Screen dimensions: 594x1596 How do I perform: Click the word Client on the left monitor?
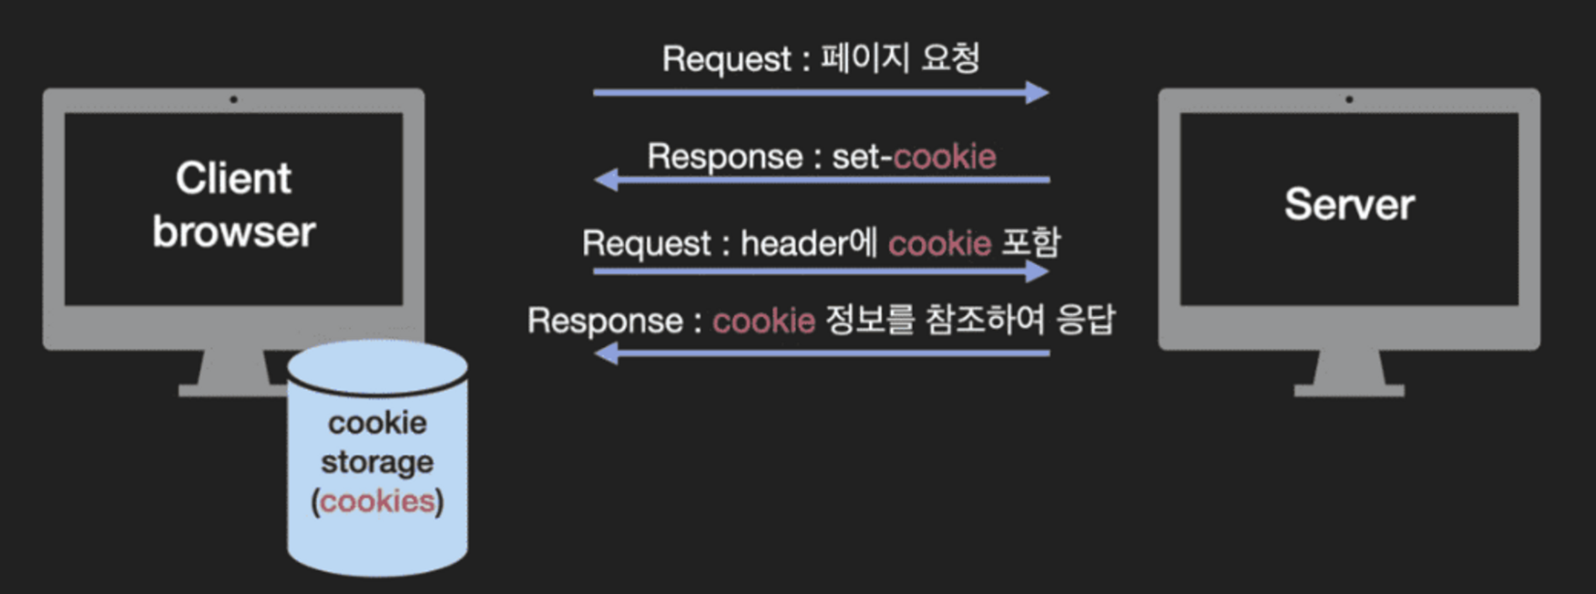[x=233, y=179]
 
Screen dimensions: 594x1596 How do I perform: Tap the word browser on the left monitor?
[x=233, y=232]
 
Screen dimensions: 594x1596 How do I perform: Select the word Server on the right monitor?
[x=1349, y=204]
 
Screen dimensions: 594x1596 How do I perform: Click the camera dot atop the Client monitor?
[x=233, y=99]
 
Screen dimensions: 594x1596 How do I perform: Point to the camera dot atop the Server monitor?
[x=1349, y=99]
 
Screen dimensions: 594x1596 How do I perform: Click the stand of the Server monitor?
[x=1349, y=374]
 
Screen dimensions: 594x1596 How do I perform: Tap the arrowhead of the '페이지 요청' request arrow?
[x=1038, y=92]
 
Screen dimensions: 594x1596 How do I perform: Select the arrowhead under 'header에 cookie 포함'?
[x=1038, y=271]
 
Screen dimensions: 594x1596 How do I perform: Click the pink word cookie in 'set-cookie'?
[x=945, y=157]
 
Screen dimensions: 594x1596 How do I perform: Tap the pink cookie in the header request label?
[x=939, y=243]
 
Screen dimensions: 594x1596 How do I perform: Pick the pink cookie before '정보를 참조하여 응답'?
[x=763, y=321]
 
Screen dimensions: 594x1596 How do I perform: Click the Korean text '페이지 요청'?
[x=900, y=58]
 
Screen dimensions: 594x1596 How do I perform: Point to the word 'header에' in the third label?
[x=809, y=243]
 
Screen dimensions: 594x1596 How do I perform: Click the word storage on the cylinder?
[x=377, y=462]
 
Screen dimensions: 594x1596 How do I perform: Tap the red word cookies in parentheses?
[x=377, y=501]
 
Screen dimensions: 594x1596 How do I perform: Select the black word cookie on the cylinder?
[x=377, y=423]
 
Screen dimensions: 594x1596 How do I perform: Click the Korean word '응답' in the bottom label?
[x=1085, y=320]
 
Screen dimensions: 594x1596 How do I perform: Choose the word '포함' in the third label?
[x=1031, y=242]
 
